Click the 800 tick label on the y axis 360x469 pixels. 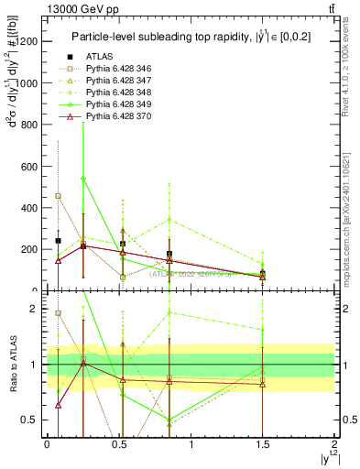pyautogui.click(x=29, y=125)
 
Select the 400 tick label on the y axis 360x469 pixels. pyautogui.click(x=29, y=208)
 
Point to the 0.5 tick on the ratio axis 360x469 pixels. pyautogui.click(x=32, y=420)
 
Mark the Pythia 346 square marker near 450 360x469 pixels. pyautogui.click(x=59, y=196)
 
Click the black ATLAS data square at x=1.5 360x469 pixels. pyautogui.click(x=263, y=273)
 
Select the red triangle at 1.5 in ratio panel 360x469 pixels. pyautogui.click(x=263, y=384)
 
